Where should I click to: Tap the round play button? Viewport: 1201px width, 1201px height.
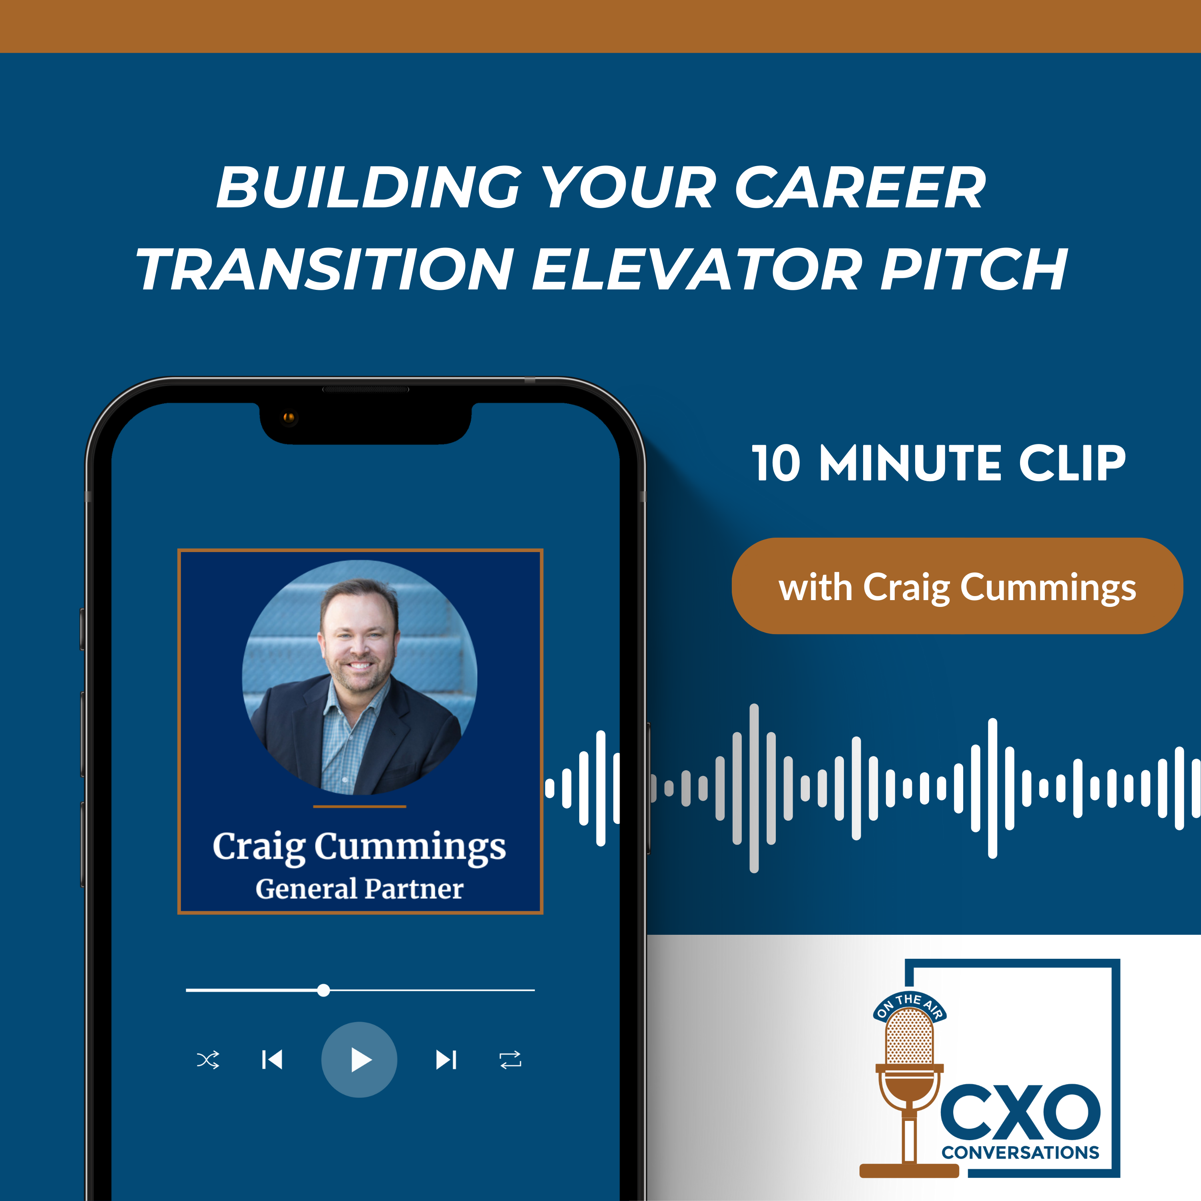click(359, 1060)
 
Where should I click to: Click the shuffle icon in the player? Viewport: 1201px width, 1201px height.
click(208, 1060)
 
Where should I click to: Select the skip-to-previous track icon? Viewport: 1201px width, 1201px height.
click(272, 1060)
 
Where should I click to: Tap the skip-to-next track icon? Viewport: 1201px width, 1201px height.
click(446, 1060)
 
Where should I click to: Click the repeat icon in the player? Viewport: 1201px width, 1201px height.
click(510, 1060)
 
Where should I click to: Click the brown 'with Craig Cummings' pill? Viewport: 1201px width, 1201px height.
click(957, 586)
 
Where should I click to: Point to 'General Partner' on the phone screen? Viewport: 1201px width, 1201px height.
click(359, 889)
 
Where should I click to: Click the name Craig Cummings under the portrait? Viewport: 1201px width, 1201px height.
click(359, 847)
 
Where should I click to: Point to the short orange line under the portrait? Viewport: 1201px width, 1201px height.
click(359, 806)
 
